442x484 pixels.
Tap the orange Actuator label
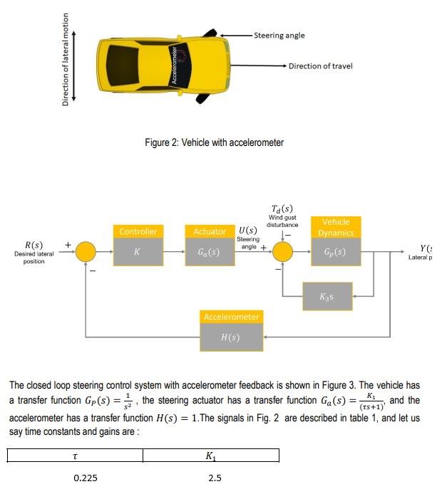coord(210,232)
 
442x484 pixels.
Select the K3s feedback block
coord(327,295)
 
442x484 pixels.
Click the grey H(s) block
coord(232,337)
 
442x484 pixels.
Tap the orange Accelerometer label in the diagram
coord(232,316)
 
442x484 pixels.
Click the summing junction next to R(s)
coord(86,251)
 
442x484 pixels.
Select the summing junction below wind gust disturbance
coord(284,251)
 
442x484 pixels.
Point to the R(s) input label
coord(34,246)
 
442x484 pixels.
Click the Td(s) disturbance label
coord(283,208)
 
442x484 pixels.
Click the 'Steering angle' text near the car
coord(279,35)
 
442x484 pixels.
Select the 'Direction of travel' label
coord(320,66)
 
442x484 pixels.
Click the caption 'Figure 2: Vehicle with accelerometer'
coord(214,142)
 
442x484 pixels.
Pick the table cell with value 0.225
coord(86,478)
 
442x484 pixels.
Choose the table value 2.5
coord(215,478)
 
